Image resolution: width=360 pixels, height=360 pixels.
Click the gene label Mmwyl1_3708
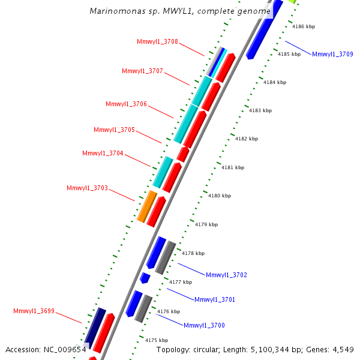pyautogui.click(x=157, y=41)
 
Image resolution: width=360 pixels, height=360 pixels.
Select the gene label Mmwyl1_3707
pyautogui.click(x=142, y=71)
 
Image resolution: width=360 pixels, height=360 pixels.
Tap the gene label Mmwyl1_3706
pyautogui.click(x=126, y=104)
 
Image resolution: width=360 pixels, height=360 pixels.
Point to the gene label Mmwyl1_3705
pyautogui.click(x=114, y=130)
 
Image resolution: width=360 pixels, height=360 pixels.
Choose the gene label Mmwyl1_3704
pyautogui.click(x=103, y=153)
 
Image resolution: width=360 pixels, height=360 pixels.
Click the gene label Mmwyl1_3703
pyautogui.click(x=87, y=188)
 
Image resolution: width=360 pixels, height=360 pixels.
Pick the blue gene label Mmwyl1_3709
pyautogui.click(x=332, y=54)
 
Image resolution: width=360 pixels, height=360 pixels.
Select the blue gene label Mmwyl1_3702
pyautogui.click(x=226, y=275)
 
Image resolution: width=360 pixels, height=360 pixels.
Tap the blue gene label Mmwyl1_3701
pyautogui.click(x=215, y=299)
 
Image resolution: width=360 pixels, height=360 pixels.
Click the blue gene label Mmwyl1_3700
pyautogui.click(x=204, y=325)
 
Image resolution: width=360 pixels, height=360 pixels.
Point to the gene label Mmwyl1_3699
pyautogui.click(x=34, y=311)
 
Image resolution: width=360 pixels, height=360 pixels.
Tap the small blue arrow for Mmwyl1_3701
pyautogui.click(x=145, y=278)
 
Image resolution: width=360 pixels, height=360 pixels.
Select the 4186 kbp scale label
pyautogui.click(x=304, y=26)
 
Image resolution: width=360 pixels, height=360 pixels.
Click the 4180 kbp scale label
pyautogui.click(x=220, y=196)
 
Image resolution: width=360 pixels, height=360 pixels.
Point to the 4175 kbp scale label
pyautogui.click(x=157, y=340)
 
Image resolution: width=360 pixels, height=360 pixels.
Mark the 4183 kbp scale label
pyautogui.click(x=260, y=110)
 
